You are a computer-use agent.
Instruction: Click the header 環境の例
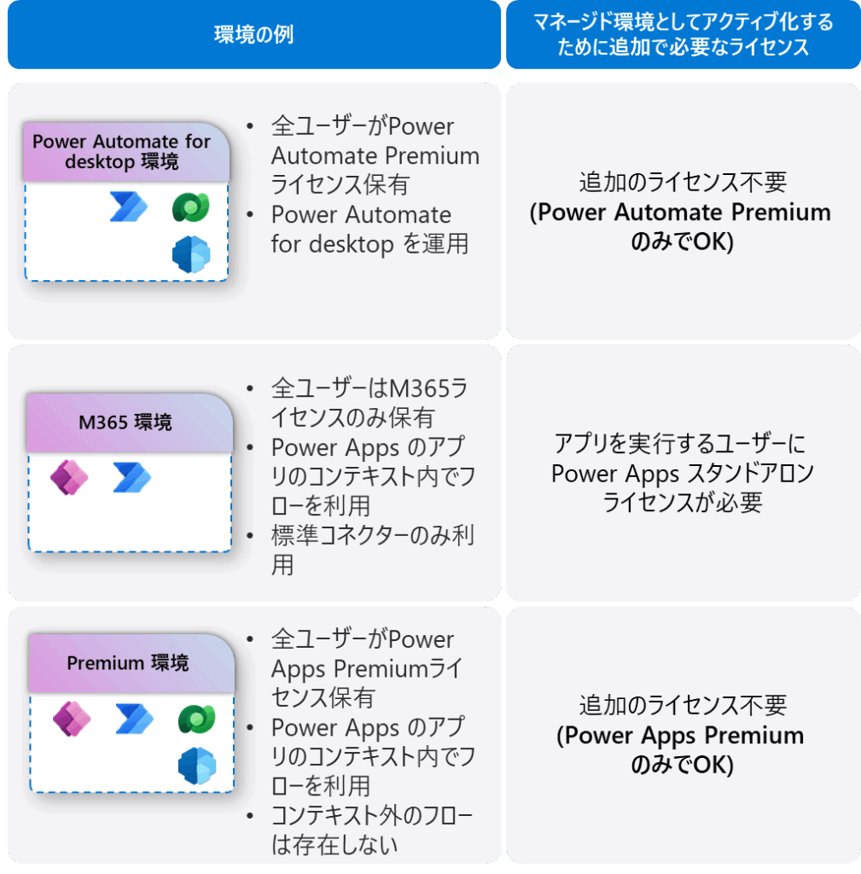tap(253, 35)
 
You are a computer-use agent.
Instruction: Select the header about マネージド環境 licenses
tap(683, 34)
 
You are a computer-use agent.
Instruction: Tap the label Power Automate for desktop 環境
tap(121, 151)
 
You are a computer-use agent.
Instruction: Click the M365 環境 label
tap(127, 422)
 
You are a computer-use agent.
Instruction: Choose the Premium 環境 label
tap(128, 663)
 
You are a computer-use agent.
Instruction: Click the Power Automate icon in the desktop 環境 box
tap(128, 207)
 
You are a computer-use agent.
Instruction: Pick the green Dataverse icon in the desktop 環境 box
tap(190, 207)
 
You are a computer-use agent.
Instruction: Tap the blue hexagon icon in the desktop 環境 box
tap(190, 254)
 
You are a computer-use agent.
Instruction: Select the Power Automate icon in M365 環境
tap(131, 477)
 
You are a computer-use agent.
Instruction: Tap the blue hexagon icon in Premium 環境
tap(196, 766)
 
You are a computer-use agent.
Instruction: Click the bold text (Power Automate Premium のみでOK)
tap(681, 226)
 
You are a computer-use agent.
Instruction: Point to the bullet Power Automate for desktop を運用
tap(369, 229)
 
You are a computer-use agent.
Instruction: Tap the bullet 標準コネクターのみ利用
tap(372, 550)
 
